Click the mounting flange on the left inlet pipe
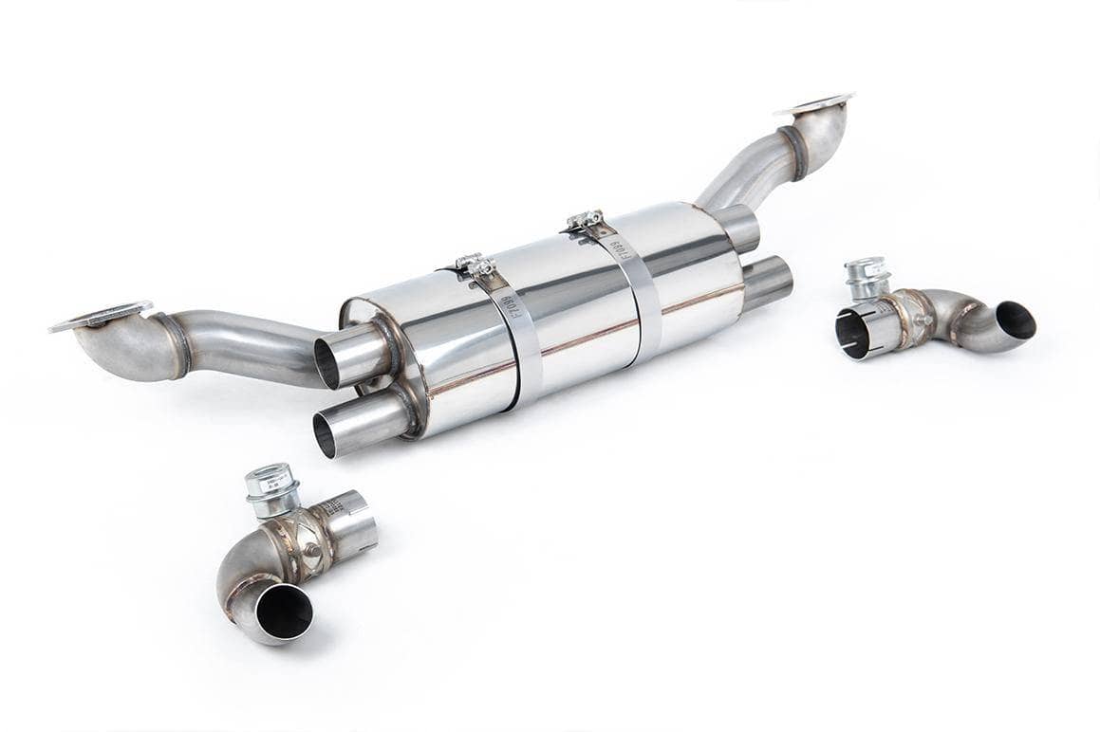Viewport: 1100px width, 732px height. [x=100, y=316]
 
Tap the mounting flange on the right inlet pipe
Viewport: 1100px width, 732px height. [x=814, y=104]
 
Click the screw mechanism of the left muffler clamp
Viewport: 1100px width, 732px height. [x=474, y=265]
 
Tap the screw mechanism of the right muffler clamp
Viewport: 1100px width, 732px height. [x=586, y=221]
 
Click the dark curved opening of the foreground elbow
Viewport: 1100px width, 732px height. [x=283, y=611]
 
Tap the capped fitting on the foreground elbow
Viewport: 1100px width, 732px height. [x=270, y=484]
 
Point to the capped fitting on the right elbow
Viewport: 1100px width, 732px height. [x=866, y=275]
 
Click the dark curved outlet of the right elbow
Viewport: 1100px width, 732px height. [x=1015, y=320]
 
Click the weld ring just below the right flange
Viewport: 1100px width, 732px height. [x=793, y=154]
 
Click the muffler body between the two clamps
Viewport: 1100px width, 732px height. [x=569, y=303]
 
